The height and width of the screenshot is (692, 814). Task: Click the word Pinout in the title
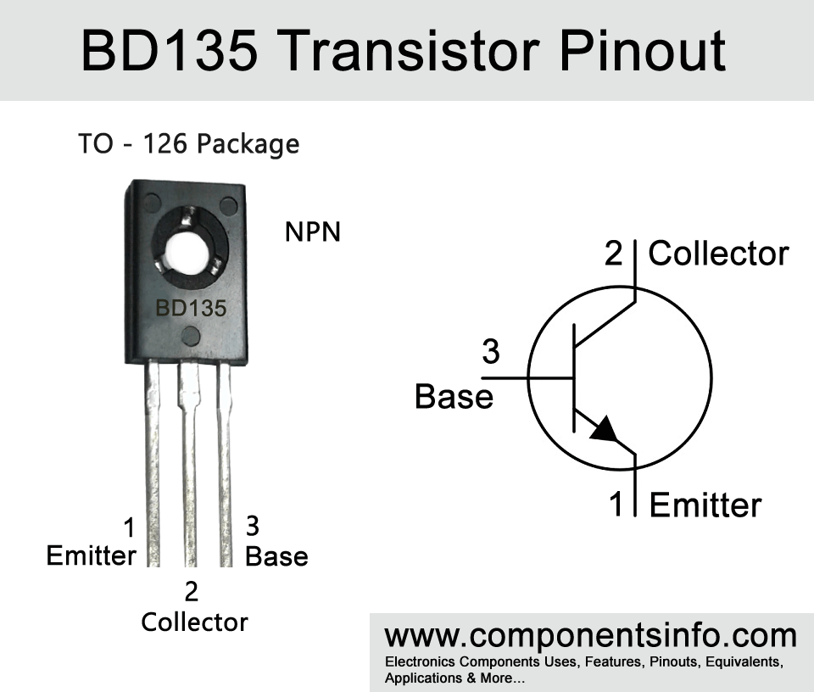pyautogui.click(x=643, y=50)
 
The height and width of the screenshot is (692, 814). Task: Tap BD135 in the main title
pyautogui.click(x=170, y=50)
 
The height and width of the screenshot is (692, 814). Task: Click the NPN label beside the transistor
pyautogui.click(x=313, y=232)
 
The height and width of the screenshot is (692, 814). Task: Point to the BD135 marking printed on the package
pyautogui.click(x=191, y=309)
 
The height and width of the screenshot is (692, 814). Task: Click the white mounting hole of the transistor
pyautogui.click(x=188, y=255)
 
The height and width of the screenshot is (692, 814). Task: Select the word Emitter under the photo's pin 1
pyautogui.click(x=91, y=555)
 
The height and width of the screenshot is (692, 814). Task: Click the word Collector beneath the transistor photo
pyautogui.click(x=195, y=622)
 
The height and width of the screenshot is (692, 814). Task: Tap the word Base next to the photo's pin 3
pyautogui.click(x=276, y=556)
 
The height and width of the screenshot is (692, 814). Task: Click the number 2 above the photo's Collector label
pyautogui.click(x=191, y=591)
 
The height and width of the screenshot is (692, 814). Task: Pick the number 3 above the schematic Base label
pyautogui.click(x=491, y=351)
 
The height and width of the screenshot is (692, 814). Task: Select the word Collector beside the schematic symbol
pyautogui.click(x=718, y=254)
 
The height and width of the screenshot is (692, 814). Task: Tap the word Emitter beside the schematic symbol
pyautogui.click(x=705, y=505)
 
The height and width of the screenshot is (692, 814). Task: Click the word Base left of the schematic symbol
pyautogui.click(x=454, y=397)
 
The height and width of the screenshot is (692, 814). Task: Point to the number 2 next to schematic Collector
pyautogui.click(x=613, y=254)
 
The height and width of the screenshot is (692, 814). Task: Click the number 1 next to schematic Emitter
pyautogui.click(x=616, y=504)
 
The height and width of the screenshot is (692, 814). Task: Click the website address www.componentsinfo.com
pyautogui.click(x=590, y=636)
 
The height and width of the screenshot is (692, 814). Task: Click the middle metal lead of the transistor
pyautogui.click(x=189, y=465)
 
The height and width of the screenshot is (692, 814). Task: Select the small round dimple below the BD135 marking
pyautogui.click(x=191, y=337)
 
